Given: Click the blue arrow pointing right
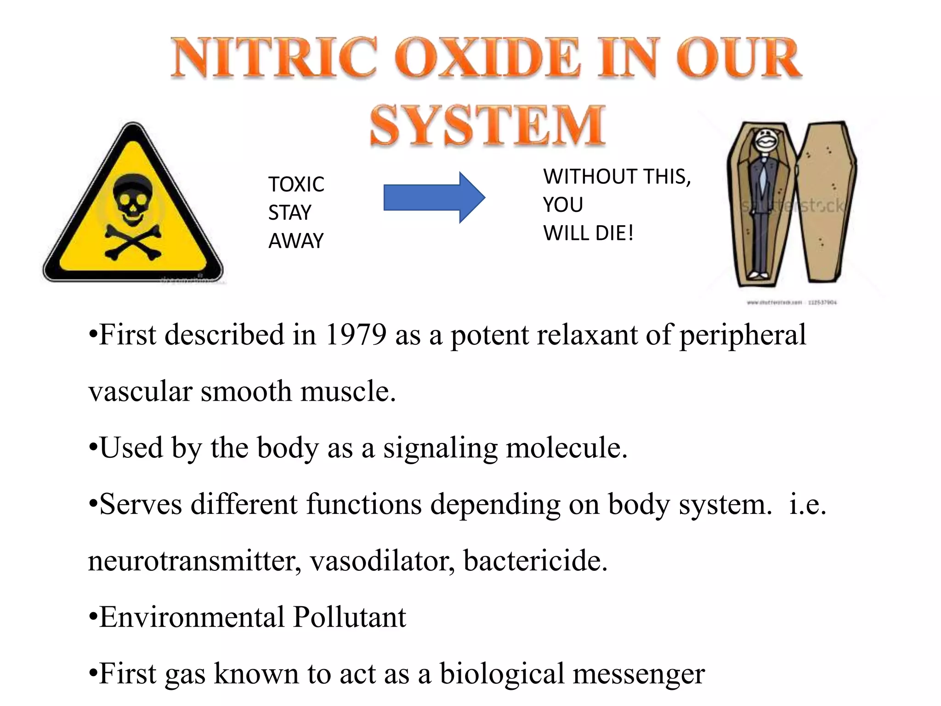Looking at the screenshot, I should pos(434,198).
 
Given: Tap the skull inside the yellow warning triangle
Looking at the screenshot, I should pos(132,199).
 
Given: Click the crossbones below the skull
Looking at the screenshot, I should pos(133,242).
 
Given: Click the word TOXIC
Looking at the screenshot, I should pos(296,184).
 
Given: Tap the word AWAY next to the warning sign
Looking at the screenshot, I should pos(296,241).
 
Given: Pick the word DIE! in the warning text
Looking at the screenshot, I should pos(615,233).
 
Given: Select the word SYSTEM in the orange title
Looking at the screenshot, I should pos(488,125).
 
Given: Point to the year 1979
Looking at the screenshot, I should pos(356,334).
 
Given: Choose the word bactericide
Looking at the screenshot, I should pos(535,561).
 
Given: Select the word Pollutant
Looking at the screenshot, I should pos(350,617).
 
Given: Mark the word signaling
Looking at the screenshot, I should pos(441,448).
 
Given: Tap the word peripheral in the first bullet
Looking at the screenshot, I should pos(743,335).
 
